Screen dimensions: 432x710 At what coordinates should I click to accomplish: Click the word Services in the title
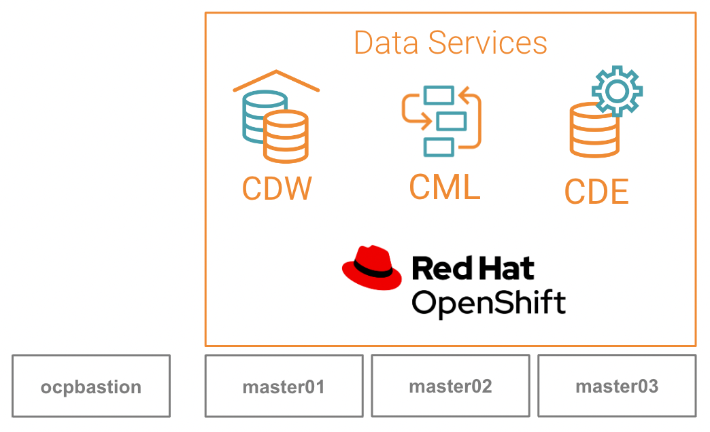click(x=488, y=43)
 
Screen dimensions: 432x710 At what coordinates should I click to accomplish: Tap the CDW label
click(x=277, y=188)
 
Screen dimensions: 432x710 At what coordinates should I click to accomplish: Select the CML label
click(x=444, y=187)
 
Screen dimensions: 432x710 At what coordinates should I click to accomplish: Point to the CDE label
click(x=596, y=192)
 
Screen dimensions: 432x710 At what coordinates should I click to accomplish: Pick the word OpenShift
click(x=488, y=302)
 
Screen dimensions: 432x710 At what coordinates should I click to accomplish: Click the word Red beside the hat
click(x=443, y=268)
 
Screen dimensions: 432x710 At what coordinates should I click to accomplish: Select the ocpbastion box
click(x=91, y=386)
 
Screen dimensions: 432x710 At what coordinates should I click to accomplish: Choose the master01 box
click(x=284, y=386)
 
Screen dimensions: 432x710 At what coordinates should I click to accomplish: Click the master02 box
click(x=450, y=386)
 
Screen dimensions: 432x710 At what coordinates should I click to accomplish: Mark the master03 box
click(x=617, y=386)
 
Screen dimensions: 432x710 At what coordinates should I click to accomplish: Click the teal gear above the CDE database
click(x=616, y=91)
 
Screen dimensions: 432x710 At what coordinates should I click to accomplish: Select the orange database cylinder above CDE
click(x=593, y=130)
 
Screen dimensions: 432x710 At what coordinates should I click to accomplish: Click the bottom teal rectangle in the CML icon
click(x=438, y=146)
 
